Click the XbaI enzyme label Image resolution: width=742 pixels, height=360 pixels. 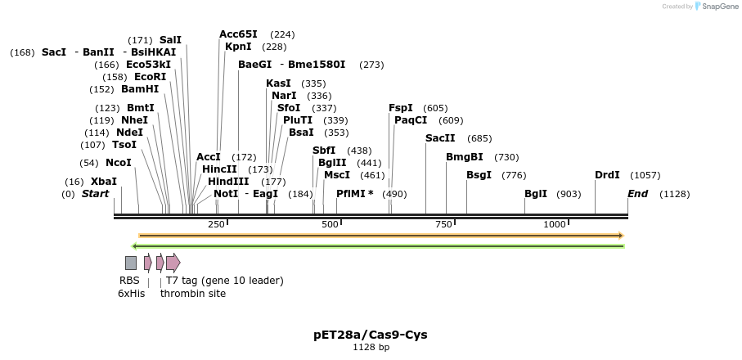click(104, 182)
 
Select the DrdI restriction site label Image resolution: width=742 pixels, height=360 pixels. click(607, 175)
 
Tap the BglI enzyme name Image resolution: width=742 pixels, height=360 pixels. click(536, 194)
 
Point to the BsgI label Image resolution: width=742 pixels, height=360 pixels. click(479, 175)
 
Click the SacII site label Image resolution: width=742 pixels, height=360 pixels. click(440, 138)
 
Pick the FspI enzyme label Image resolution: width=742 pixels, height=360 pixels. click(401, 108)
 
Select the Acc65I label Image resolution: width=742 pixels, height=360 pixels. click(238, 34)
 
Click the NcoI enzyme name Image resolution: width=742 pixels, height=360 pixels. click(118, 163)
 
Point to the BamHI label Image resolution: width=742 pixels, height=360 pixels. click(140, 89)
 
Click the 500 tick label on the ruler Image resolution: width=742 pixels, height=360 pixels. click(330, 225)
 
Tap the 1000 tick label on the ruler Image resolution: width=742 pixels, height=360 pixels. click(555, 225)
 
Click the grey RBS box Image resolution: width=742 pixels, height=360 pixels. click(131, 263)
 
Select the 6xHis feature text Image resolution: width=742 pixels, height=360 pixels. click(131, 293)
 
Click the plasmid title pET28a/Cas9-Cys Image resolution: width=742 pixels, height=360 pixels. click(370, 335)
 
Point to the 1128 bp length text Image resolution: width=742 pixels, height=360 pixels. click(370, 348)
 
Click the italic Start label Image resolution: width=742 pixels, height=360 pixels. click(95, 194)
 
